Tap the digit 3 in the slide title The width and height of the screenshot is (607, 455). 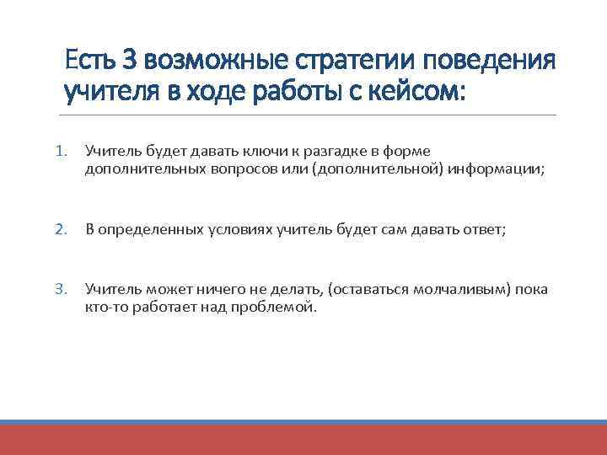click(129, 62)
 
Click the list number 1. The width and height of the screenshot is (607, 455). click(61, 151)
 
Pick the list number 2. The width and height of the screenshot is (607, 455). click(61, 228)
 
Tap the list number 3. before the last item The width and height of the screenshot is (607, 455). click(61, 290)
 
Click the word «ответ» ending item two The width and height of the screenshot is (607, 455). click(482, 228)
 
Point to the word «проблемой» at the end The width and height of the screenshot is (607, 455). click(277, 308)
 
